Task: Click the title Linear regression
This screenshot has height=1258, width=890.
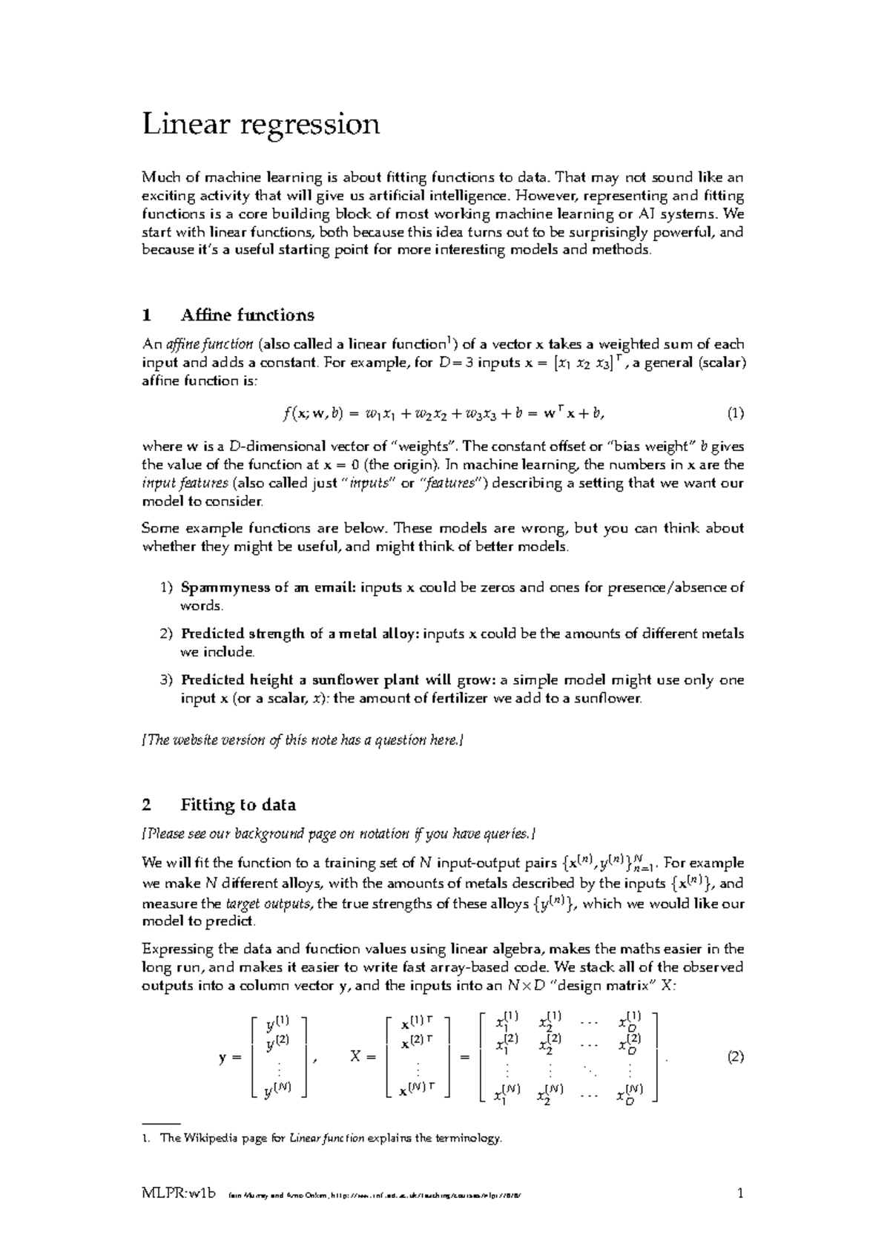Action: click(260, 125)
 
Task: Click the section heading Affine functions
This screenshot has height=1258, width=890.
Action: click(247, 315)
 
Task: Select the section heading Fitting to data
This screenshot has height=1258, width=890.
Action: click(238, 805)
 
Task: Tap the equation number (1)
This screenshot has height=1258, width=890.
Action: click(735, 413)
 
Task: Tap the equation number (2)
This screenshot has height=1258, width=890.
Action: click(735, 1057)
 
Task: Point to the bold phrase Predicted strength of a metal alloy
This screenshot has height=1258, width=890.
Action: click(300, 633)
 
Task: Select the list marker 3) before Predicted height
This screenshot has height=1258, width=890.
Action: click(166, 679)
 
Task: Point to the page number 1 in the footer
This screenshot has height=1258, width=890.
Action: click(739, 1194)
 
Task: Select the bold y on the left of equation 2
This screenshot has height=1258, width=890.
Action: click(222, 1058)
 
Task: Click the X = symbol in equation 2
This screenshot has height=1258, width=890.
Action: click(363, 1058)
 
